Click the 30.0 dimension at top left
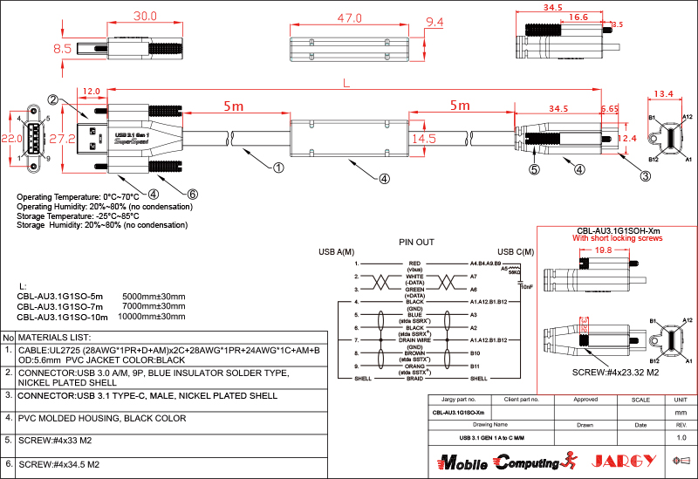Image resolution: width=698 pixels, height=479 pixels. [144, 17]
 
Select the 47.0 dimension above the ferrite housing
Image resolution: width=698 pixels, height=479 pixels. [349, 17]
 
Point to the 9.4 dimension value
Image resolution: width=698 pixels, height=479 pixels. [434, 22]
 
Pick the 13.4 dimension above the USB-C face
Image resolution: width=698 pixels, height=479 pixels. [664, 94]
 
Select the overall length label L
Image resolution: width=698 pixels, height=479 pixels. [348, 84]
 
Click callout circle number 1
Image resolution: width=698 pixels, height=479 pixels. [279, 167]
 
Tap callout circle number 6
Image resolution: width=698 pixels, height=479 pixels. [193, 194]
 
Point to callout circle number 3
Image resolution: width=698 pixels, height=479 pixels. [645, 176]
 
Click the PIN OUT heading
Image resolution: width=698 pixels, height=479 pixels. [416, 242]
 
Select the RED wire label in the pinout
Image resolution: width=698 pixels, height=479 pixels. [414, 263]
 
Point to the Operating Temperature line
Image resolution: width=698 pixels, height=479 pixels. [78, 197]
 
